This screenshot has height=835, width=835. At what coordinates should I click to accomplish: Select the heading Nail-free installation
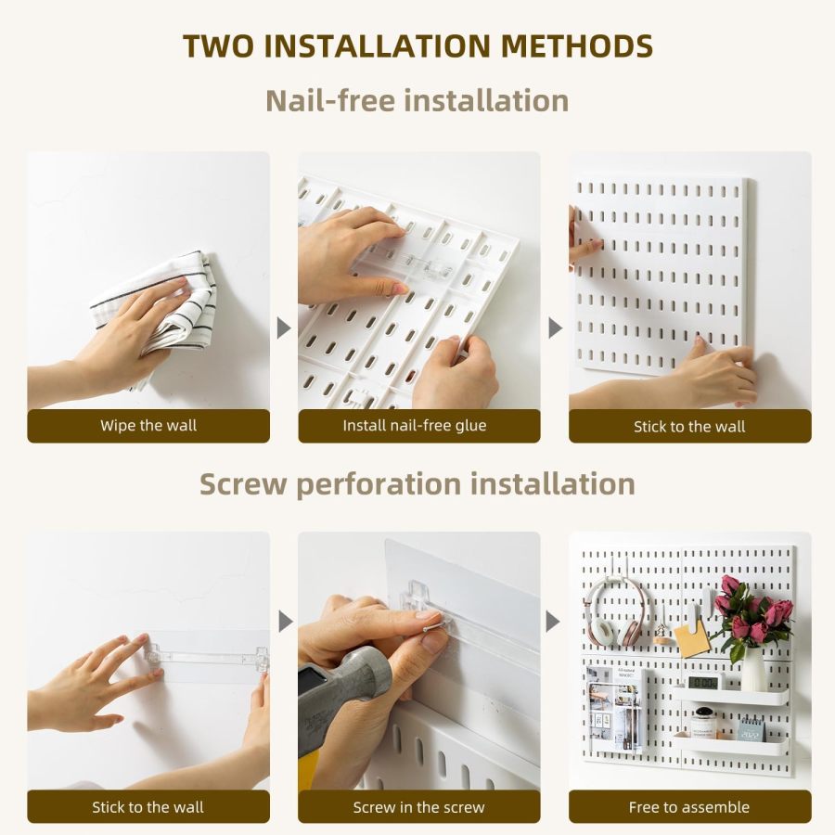coord(417,100)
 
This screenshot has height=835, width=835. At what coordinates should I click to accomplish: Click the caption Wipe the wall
coord(148,426)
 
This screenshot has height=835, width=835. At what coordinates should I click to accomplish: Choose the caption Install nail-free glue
coord(418,426)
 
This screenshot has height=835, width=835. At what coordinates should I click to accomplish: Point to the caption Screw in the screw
coord(418,807)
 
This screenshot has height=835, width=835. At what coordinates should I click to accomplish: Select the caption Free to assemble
coord(689,807)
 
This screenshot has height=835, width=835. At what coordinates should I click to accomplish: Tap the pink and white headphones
coord(614,612)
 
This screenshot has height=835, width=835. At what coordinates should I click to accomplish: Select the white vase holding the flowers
coord(752,670)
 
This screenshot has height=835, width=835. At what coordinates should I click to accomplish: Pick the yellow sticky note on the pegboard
coord(690,640)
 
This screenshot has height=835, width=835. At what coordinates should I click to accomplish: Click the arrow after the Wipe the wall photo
coord(284,328)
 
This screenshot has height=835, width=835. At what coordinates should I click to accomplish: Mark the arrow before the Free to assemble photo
coord(555,621)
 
